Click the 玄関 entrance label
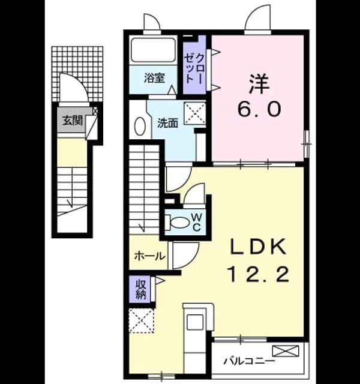click(x=73, y=121)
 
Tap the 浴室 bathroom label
click(x=154, y=78)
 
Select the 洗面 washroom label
click(x=167, y=123)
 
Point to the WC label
click(x=196, y=222)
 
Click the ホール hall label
click(x=149, y=256)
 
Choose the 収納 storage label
click(x=141, y=289)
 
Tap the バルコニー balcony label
click(x=249, y=361)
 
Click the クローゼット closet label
click(x=194, y=68)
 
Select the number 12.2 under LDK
click(x=259, y=274)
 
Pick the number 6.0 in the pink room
click(x=259, y=109)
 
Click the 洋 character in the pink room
click(x=259, y=84)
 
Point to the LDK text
click(x=258, y=246)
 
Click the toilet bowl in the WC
click(x=179, y=223)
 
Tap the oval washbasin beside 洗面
click(x=140, y=126)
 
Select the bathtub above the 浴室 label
click(x=154, y=50)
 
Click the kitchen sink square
click(x=195, y=323)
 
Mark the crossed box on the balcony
click(x=286, y=350)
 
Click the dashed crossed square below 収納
click(x=142, y=320)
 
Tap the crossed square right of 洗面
click(x=195, y=113)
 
